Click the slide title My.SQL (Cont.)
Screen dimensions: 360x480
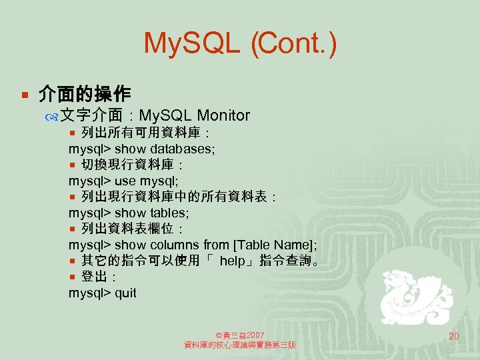click(240, 44)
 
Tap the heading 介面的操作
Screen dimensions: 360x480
click(85, 93)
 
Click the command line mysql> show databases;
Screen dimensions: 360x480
click(141, 148)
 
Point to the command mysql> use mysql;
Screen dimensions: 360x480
click(123, 181)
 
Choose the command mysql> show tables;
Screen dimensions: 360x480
click(129, 213)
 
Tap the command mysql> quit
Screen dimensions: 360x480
click(102, 293)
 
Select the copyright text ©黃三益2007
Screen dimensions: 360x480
click(240, 334)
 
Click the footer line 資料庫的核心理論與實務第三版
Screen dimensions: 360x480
click(240, 345)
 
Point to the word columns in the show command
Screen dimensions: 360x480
click(177, 245)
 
